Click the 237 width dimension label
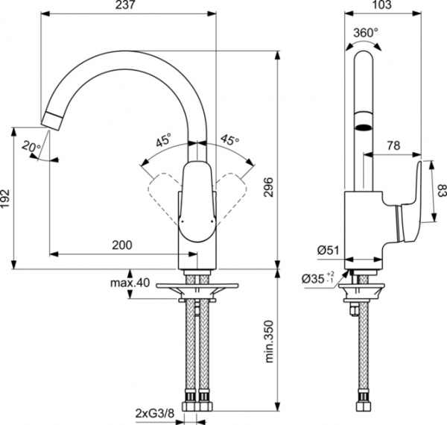click(126, 7)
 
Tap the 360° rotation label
click(366, 32)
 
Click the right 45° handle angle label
click(229, 139)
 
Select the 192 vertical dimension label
click(7, 198)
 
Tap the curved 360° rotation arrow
click(363, 45)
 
